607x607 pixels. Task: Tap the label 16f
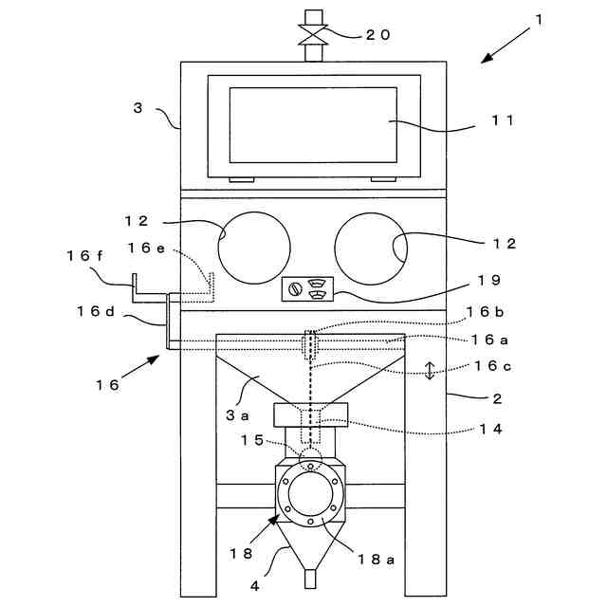click(86, 255)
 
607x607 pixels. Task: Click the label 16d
click(95, 310)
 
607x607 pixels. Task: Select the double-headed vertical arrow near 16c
click(430, 370)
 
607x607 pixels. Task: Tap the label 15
click(249, 440)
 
